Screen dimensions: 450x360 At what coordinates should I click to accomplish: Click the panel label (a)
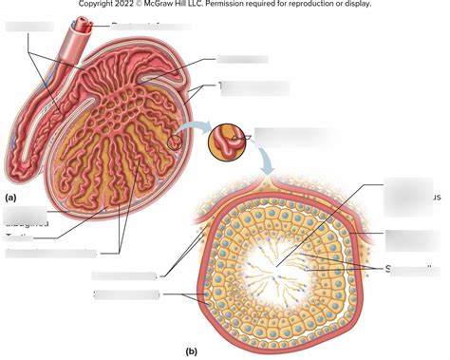tap(10, 198)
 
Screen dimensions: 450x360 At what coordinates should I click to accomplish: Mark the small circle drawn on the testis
tap(175, 143)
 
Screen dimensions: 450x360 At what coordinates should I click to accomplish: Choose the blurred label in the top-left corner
tap(26, 26)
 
